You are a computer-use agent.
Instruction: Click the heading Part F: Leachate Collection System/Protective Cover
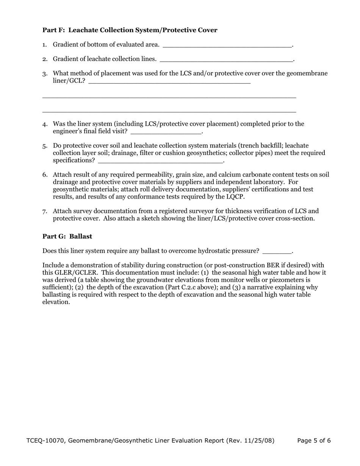(x=130, y=30)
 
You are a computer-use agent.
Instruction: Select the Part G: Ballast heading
(x=67, y=236)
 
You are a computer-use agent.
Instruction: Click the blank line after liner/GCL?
(x=169, y=81)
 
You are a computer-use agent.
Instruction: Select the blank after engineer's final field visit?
(x=166, y=131)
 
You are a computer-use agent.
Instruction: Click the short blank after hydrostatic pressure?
(x=277, y=251)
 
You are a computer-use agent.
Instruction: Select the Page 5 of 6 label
(x=314, y=441)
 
